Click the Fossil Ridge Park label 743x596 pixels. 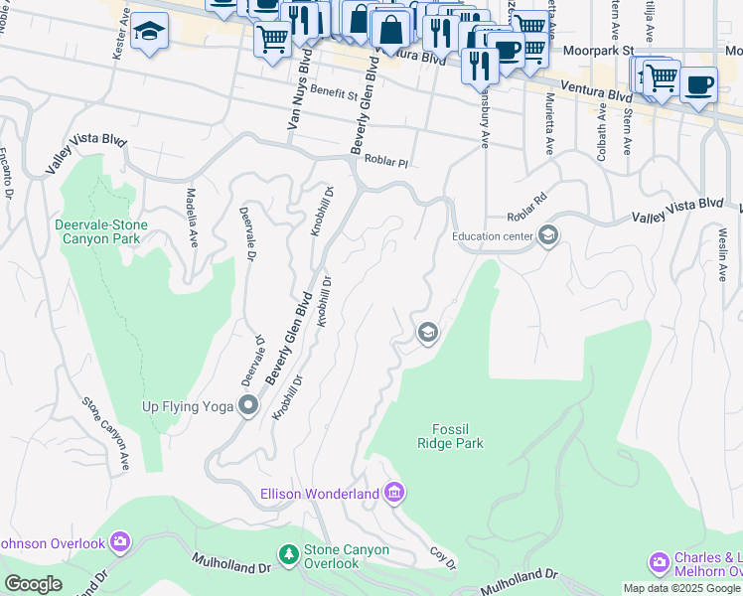point(457,436)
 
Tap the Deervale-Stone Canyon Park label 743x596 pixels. point(101,231)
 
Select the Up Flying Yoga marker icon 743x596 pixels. point(248,405)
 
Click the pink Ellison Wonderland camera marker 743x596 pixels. point(394,493)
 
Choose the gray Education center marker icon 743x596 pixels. point(547,236)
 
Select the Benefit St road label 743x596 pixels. point(332,93)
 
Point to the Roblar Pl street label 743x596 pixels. point(386,160)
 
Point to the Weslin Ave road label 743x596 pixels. point(720,255)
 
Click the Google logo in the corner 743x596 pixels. point(33,583)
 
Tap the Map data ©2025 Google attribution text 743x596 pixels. point(681,588)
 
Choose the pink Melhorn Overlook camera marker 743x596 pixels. point(659,564)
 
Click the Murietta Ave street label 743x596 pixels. point(548,126)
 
